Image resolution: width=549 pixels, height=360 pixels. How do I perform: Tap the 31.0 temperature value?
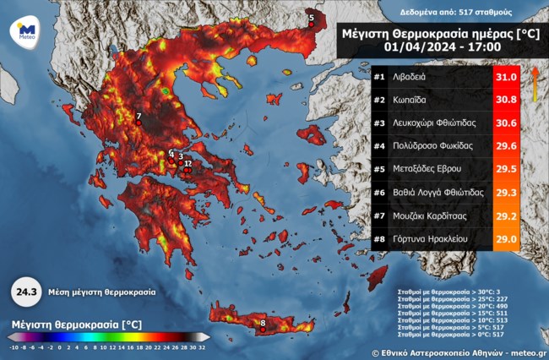pyautogui.click(x=505, y=76)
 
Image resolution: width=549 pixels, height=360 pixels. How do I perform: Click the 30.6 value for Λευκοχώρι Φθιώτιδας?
pyautogui.click(x=505, y=123)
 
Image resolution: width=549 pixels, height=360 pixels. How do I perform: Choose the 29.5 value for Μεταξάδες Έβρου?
pyautogui.click(x=505, y=169)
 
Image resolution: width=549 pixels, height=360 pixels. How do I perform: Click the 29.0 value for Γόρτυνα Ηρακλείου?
pyautogui.click(x=505, y=239)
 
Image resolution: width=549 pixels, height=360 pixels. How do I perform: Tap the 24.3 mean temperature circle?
pyautogui.click(x=24, y=292)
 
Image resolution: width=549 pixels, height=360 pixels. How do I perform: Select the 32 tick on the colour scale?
pyautogui.click(x=204, y=347)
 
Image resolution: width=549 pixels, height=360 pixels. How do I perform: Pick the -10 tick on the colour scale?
pyautogui.click(x=14, y=347)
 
